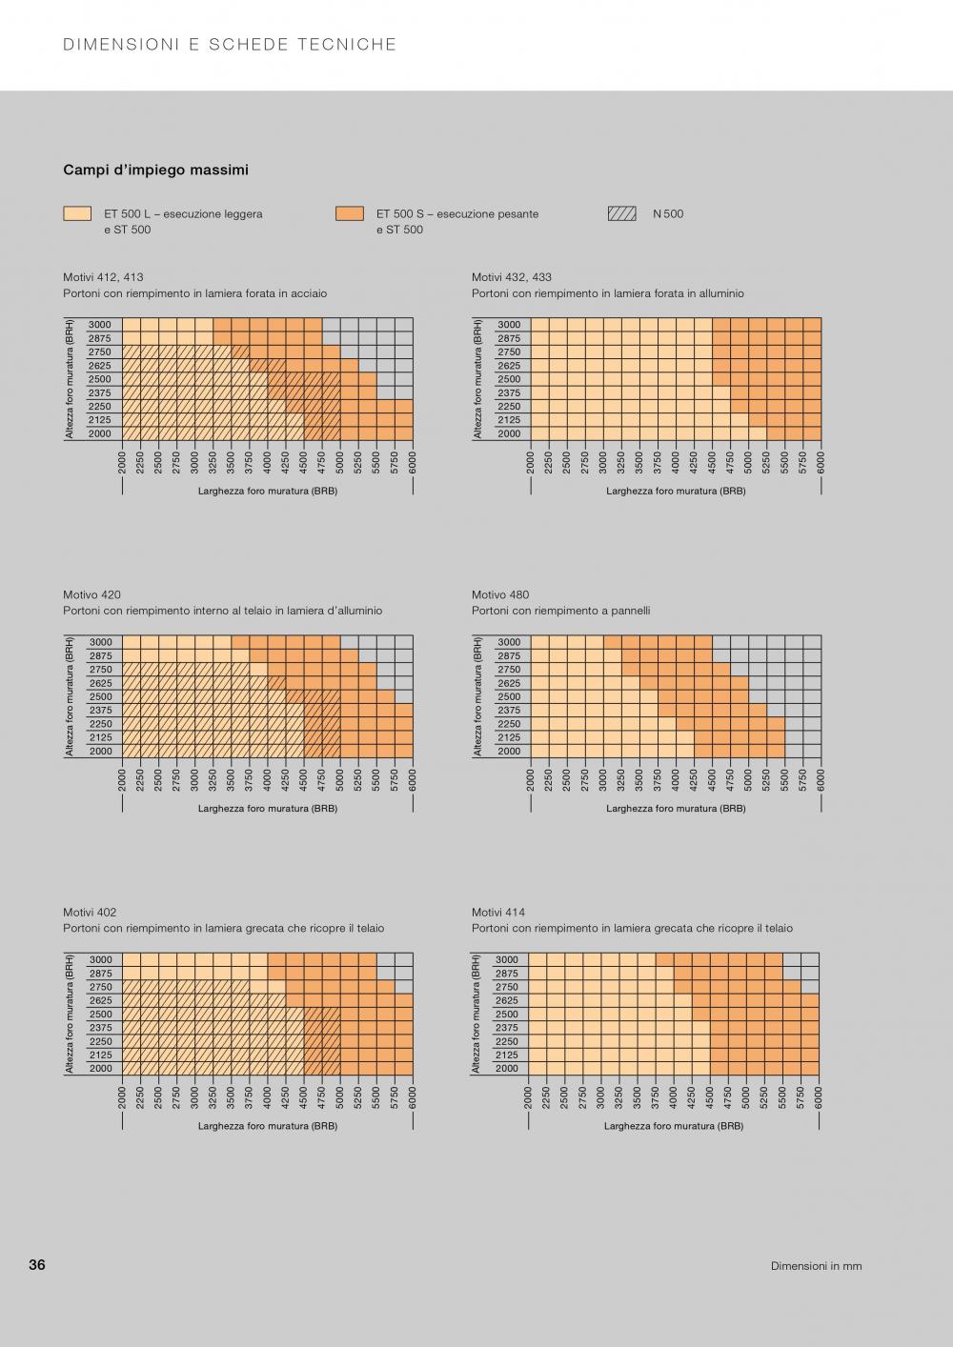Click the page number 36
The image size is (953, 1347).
(x=37, y=1265)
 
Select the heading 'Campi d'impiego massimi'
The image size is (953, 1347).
(x=155, y=171)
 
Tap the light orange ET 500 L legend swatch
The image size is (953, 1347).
(x=77, y=214)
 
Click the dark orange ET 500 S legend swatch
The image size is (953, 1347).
(x=350, y=214)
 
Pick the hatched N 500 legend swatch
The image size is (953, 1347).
(x=621, y=214)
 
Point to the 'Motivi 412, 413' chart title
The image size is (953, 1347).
(x=103, y=277)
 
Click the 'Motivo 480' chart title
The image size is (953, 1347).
(x=500, y=594)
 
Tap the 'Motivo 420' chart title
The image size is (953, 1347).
(x=91, y=594)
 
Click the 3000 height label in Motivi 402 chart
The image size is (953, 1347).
(x=100, y=959)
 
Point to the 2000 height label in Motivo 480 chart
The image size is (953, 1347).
(x=509, y=752)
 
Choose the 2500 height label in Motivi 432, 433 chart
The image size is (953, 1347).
(x=509, y=379)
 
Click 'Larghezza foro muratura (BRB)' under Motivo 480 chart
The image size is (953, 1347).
(x=676, y=809)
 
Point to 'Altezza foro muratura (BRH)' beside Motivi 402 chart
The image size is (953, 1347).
(x=70, y=1014)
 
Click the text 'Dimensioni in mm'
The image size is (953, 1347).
(x=816, y=1266)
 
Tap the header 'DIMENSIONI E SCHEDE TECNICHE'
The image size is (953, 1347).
(x=230, y=45)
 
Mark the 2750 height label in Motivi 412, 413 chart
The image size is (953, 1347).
(x=100, y=352)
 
